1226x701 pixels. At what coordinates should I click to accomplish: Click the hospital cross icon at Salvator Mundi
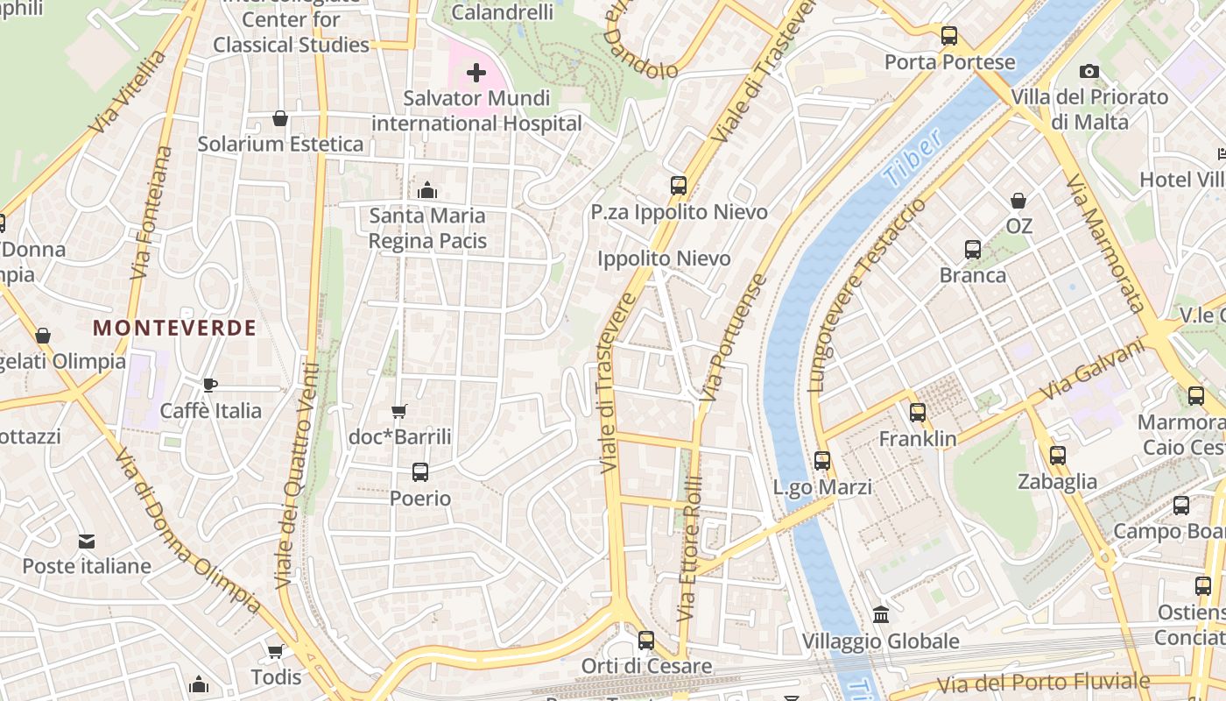click(x=476, y=72)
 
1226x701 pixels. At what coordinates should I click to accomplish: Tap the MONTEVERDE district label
click(x=174, y=329)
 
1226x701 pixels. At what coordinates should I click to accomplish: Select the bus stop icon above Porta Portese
click(x=949, y=36)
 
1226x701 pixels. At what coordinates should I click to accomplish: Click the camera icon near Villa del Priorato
click(x=1089, y=71)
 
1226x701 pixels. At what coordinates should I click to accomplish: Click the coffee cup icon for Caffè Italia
click(x=210, y=384)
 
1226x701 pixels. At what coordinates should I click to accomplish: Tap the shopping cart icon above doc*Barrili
click(x=399, y=410)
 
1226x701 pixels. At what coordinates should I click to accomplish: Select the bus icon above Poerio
click(x=420, y=472)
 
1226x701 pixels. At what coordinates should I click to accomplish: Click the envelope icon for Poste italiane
click(x=86, y=541)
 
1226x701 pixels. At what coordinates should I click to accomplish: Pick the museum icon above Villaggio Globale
click(x=881, y=615)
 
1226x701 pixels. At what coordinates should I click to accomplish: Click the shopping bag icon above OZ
click(x=1018, y=201)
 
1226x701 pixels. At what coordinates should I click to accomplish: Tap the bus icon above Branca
click(x=973, y=249)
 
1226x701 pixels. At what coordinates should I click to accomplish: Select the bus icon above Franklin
click(x=917, y=412)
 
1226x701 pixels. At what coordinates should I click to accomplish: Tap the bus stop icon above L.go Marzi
click(x=822, y=461)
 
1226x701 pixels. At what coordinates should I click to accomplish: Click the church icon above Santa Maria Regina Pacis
click(x=427, y=189)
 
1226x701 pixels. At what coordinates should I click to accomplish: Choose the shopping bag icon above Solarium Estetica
click(x=280, y=118)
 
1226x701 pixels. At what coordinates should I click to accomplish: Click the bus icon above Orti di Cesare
click(x=646, y=641)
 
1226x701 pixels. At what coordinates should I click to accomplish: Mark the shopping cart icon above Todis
click(x=275, y=651)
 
